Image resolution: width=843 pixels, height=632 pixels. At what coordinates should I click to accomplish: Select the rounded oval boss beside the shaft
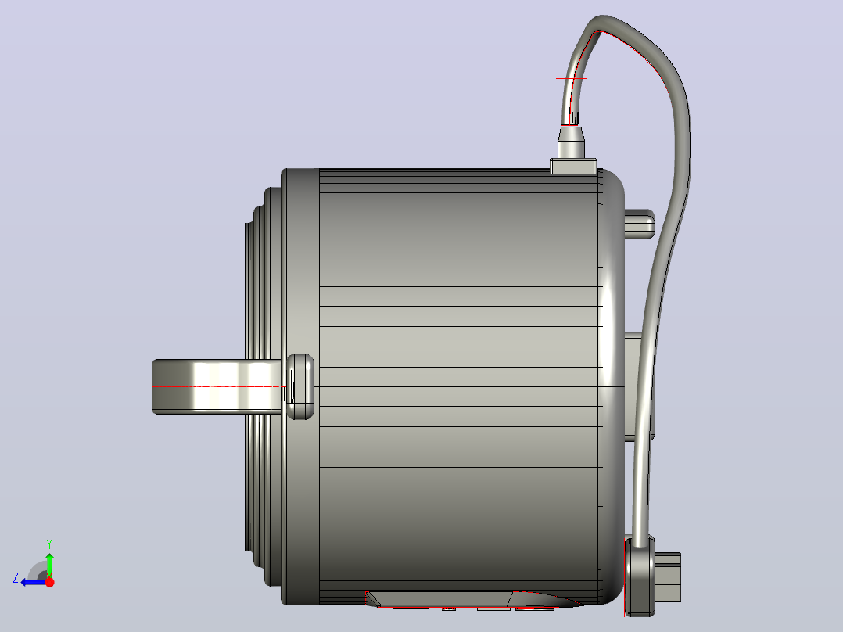[x=300, y=386]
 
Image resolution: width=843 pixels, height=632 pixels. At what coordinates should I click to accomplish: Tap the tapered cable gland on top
[x=571, y=142]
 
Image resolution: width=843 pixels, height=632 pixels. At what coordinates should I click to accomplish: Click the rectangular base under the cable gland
[x=574, y=166]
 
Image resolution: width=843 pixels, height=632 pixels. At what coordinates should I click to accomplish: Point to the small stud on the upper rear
[x=639, y=224]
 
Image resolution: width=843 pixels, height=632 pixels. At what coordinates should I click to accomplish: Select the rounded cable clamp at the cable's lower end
[x=640, y=576]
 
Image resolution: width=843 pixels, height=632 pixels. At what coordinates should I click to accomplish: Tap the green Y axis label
[x=49, y=544]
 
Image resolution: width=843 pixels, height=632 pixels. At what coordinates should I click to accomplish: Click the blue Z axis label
[x=16, y=578]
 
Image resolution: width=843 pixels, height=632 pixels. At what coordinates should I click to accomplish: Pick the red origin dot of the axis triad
[x=49, y=582]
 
